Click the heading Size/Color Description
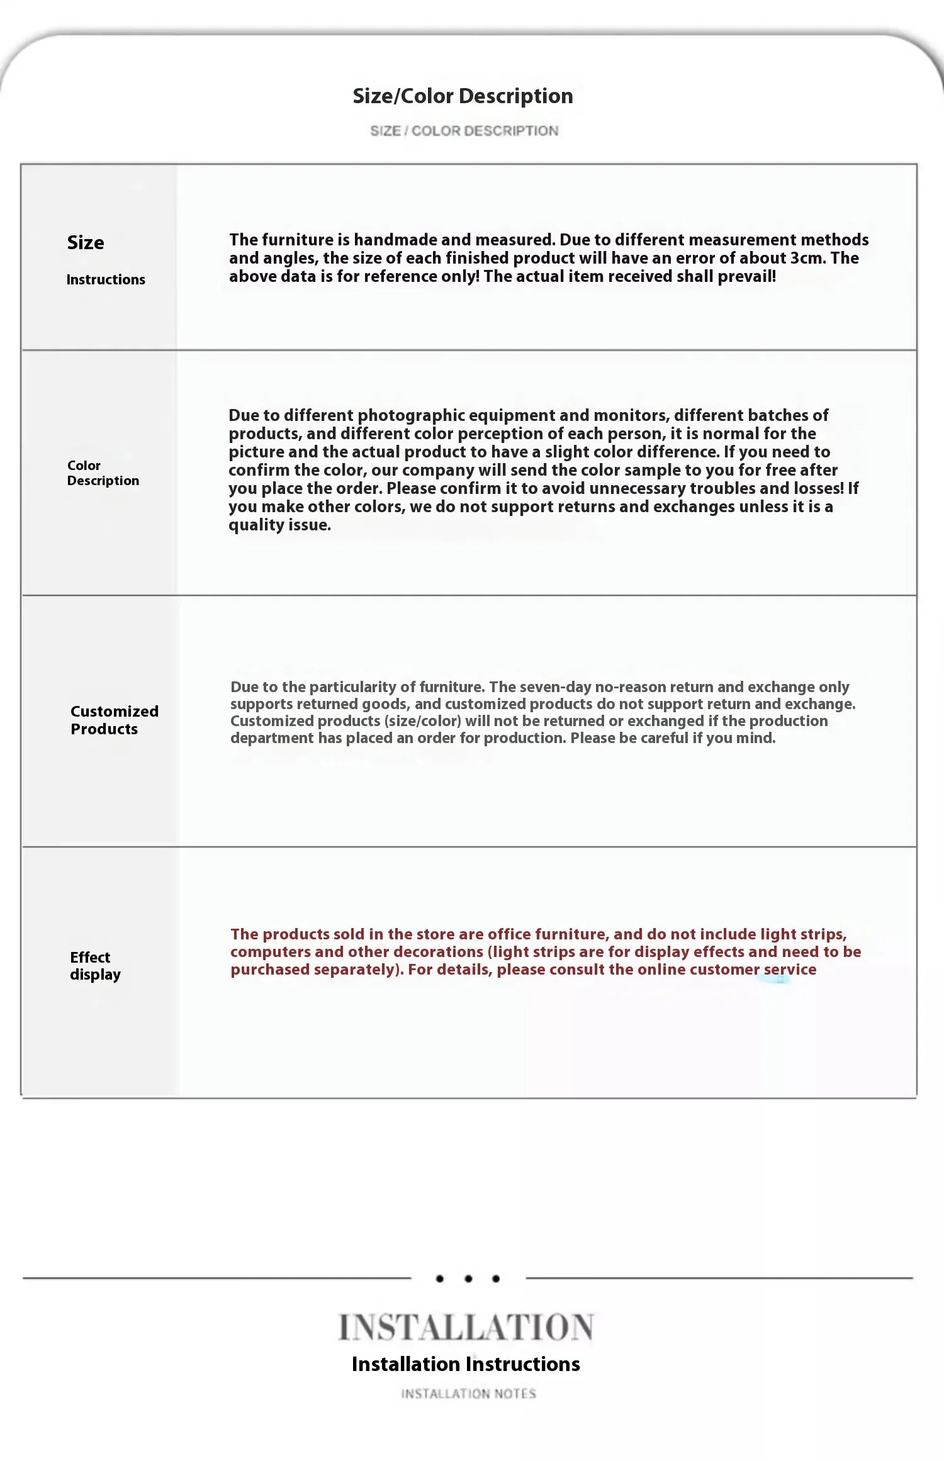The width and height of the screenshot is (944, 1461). coord(463,96)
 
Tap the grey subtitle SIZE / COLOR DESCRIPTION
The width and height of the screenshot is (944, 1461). coord(464,131)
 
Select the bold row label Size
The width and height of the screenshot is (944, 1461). coord(86,243)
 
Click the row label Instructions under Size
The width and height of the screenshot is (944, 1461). coord(106,279)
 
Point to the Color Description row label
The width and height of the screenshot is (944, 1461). coord(103,473)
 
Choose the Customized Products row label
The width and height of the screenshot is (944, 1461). coord(114,720)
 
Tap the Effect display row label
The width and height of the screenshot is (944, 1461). coord(95,966)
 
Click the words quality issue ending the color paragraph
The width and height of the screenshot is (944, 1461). coord(279,525)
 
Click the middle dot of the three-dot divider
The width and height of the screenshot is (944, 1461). coord(468,1279)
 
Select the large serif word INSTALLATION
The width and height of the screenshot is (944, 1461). coord(466,1328)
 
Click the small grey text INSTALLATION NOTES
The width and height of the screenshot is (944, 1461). coord(469,1394)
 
